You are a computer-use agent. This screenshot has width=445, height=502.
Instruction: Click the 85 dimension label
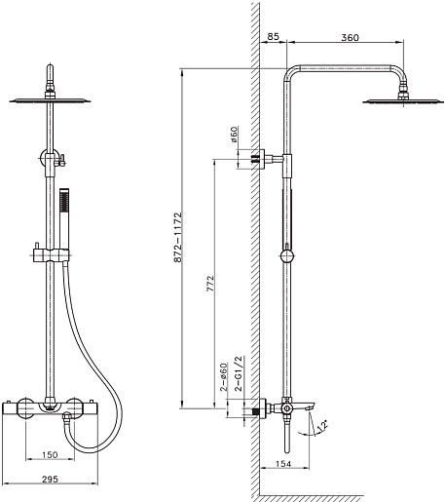tap(273, 36)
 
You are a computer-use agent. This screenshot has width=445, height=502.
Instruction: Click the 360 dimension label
tap(350, 38)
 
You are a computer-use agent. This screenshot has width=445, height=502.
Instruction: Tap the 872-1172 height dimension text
tap(177, 238)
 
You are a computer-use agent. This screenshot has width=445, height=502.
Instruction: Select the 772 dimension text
tap(210, 283)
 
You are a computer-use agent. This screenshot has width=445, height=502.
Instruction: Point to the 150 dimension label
tap(50, 455)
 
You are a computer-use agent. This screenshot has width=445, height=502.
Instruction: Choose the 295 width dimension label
tap(51, 479)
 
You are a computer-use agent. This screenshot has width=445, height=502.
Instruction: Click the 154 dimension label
tap(283, 464)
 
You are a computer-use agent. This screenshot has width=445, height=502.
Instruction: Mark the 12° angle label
tap(322, 426)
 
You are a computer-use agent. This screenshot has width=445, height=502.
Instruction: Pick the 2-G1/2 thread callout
tap(239, 373)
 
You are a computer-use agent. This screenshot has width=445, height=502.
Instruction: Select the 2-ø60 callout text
tap(224, 377)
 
